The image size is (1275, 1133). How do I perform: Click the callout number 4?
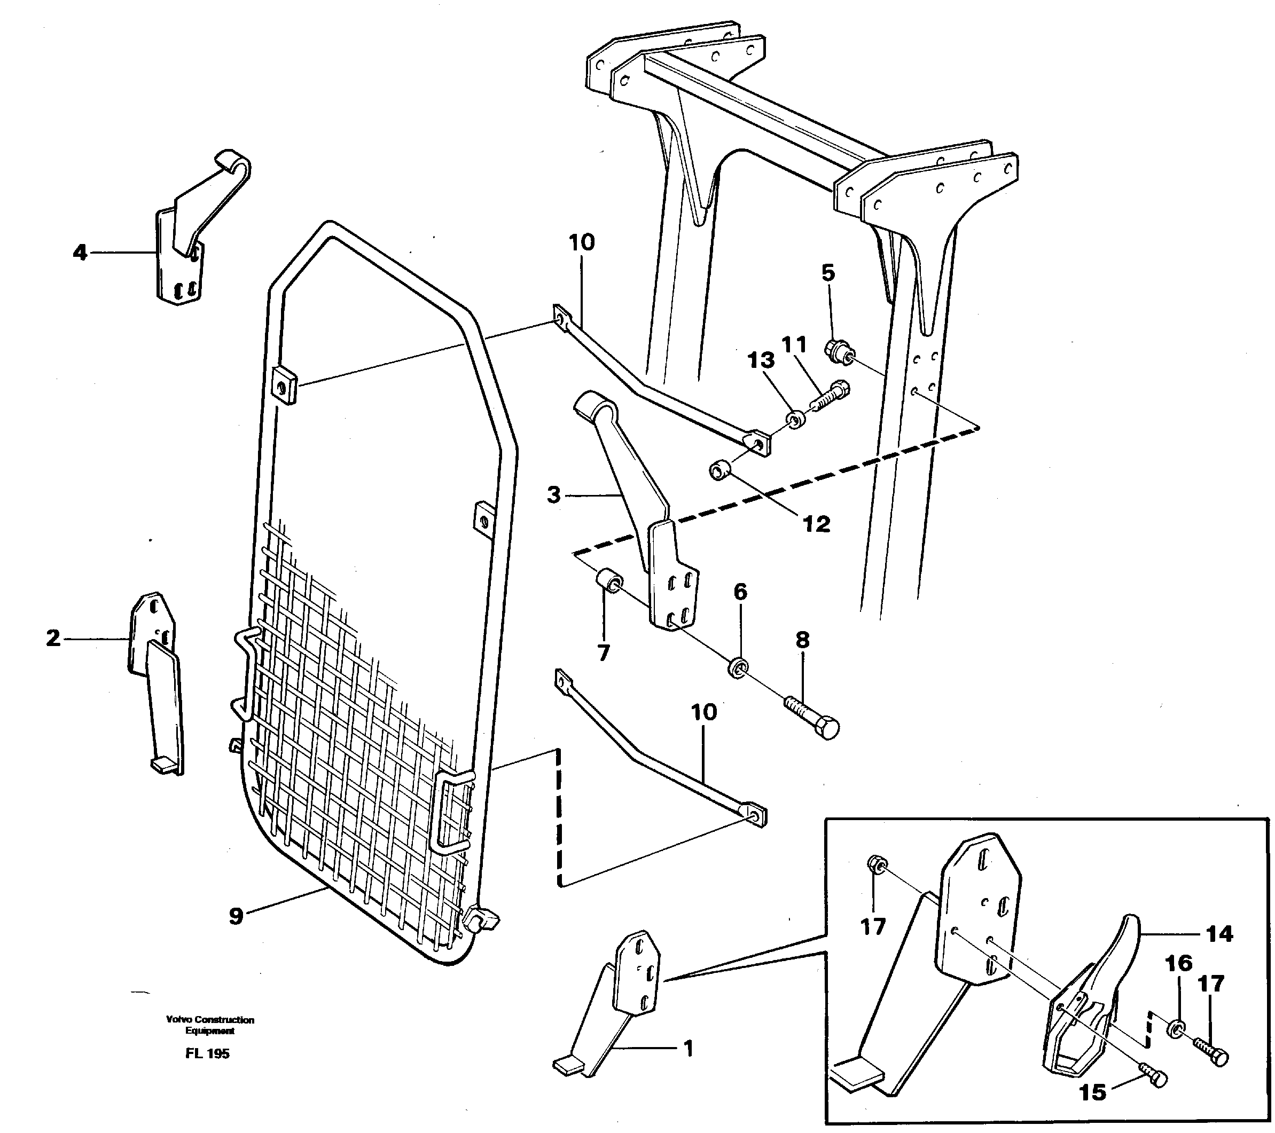pyautogui.click(x=80, y=253)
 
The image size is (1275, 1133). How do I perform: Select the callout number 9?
pyautogui.click(x=236, y=917)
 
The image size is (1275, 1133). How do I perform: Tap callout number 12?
pyautogui.click(x=817, y=524)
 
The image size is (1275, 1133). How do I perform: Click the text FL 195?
pyautogui.click(x=207, y=1054)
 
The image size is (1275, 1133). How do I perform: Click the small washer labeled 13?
pyautogui.click(x=795, y=419)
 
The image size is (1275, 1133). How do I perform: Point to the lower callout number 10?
pyautogui.click(x=703, y=712)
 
